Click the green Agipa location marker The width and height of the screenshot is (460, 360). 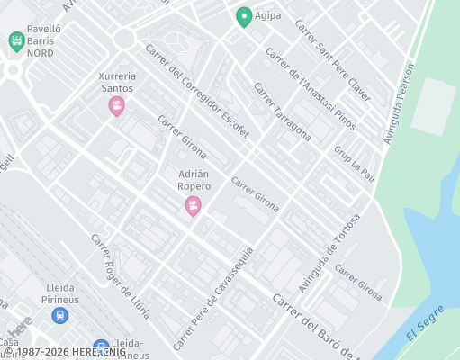click(x=243, y=16)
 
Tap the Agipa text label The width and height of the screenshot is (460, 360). click(x=269, y=15)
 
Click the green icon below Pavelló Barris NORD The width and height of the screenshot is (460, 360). click(x=15, y=41)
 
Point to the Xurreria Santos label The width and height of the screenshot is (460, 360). click(x=116, y=83)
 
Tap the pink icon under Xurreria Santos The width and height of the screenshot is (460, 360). click(x=116, y=107)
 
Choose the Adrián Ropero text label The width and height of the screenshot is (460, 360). click(x=194, y=179)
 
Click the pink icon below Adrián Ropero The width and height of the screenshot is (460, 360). click(x=193, y=207)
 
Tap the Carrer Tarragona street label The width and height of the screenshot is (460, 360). click(x=282, y=113)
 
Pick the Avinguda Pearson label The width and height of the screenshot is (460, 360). click(x=400, y=103)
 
